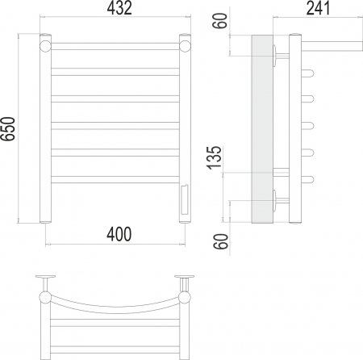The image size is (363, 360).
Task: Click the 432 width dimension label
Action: [119, 8]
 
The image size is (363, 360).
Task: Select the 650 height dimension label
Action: [8, 129]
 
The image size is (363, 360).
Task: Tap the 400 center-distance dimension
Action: [119, 234]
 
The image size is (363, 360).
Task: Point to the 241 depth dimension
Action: [318, 8]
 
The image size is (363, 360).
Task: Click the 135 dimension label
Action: [214, 157]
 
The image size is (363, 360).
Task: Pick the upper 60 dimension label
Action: [220, 21]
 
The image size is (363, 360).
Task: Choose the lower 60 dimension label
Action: [221, 241]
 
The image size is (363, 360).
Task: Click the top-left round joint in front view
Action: [45, 46]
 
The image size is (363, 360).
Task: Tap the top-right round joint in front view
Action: [185, 46]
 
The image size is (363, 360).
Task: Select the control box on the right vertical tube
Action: [185, 199]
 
